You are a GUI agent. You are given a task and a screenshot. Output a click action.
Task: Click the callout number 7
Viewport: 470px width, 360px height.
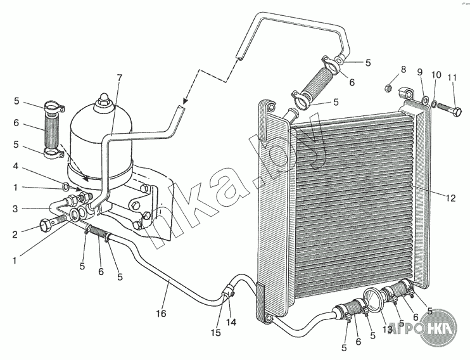coord(119,78)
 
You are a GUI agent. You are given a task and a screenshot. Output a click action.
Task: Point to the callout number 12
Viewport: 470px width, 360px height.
coord(450,198)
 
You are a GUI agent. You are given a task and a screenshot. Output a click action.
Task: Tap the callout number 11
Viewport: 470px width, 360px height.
coord(452,77)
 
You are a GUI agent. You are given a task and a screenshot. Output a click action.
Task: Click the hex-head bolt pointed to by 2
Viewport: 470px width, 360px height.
coord(50,223)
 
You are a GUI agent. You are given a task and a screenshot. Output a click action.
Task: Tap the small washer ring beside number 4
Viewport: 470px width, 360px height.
coord(65,186)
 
